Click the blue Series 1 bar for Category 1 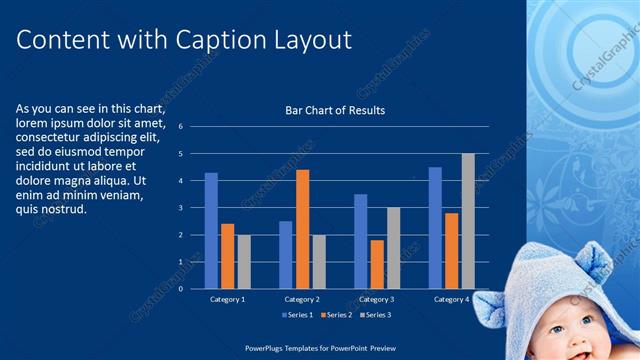tap(211, 231)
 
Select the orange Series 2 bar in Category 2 tap(302, 229)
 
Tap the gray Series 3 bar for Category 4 tap(468, 221)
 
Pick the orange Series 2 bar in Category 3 tap(377, 264)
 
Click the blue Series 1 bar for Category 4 tap(435, 228)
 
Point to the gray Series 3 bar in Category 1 tap(244, 262)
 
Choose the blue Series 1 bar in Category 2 tap(286, 255)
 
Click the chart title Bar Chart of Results tap(335, 110)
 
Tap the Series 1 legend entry tap(297, 315)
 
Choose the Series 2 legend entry tap(335, 315)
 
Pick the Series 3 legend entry tap(374, 315)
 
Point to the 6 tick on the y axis tap(181, 127)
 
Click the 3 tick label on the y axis tap(181, 208)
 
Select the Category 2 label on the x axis tap(302, 299)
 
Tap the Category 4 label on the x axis tap(451, 299)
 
